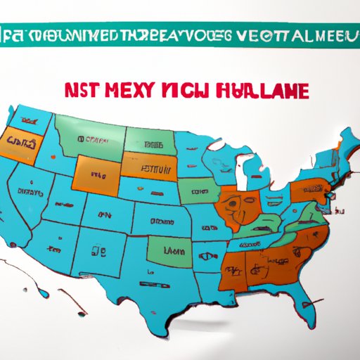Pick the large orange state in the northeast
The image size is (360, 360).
(309, 191)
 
